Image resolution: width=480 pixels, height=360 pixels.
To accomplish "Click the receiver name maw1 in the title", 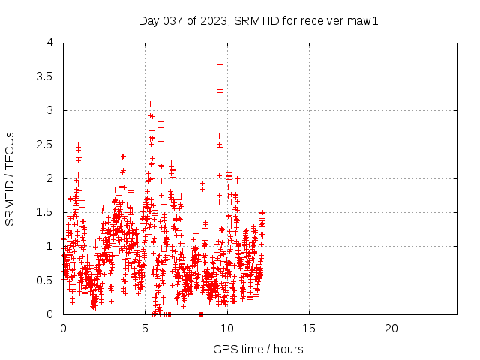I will (x=361, y=20).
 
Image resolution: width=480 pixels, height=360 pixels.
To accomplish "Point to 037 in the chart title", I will (x=171, y=20).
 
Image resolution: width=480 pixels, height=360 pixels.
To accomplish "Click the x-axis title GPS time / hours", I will (x=259, y=349).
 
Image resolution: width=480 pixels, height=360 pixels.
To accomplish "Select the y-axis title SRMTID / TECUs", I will (x=10, y=178).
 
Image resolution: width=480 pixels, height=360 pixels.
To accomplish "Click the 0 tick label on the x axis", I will (x=63, y=328).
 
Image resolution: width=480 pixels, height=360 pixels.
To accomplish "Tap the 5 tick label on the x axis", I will (x=145, y=328).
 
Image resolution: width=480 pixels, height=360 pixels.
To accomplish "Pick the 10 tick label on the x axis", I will (x=227, y=328).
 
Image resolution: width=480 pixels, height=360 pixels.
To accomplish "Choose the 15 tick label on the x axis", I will (x=309, y=328).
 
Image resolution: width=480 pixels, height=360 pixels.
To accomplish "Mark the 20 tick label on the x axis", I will (x=391, y=328).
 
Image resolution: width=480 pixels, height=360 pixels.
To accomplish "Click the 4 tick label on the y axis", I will (x=49, y=43).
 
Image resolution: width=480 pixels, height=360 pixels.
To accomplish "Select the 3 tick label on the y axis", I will (x=49, y=110).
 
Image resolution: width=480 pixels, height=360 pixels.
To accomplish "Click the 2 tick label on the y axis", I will (x=49, y=178).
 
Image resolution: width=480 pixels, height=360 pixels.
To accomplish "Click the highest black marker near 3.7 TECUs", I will (x=220, y=64).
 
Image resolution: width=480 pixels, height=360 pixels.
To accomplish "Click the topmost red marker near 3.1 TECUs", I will (x=150, y=103).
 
